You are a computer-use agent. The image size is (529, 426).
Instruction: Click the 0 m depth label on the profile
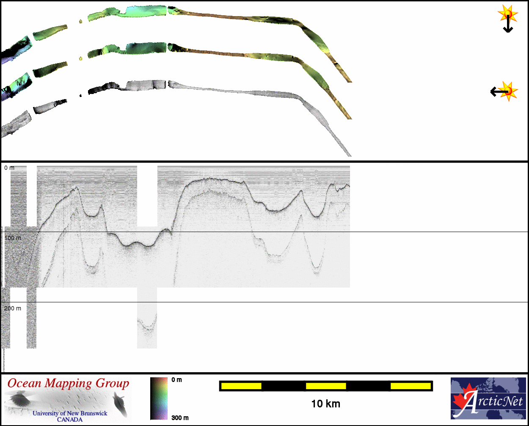pyautogui.click(x=9, y=168)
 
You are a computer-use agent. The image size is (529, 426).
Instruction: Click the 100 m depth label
pyautogui.click(x=13, y=238)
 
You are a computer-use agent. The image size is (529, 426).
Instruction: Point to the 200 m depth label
pyautogui.click(x=13, y=308)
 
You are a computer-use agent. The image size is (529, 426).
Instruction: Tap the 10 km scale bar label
pyautogui.click(x=326, y=404)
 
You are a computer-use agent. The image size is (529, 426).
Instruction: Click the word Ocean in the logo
pyautogui.click(x=24, y=384)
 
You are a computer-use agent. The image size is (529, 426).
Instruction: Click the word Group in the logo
pyautogui.click(x=112, y=384)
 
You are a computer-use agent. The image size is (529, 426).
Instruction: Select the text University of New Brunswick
pyautogui.click(x=70, y=413)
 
